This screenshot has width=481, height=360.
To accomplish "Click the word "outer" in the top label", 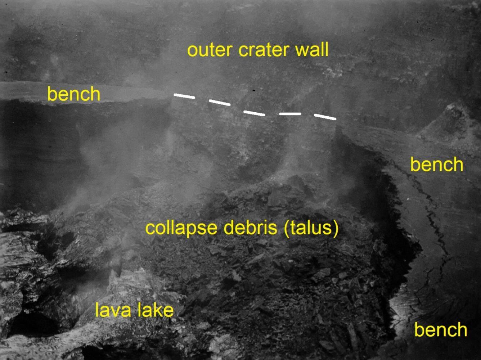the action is tap(209, 50).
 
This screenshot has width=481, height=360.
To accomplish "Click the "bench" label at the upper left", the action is tap(74, 94).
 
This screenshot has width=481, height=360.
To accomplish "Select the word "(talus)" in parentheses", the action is tap(311, 228).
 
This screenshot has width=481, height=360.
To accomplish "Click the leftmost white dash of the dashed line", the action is tap(184, 96).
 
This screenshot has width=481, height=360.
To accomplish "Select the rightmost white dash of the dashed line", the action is tap(325, 117).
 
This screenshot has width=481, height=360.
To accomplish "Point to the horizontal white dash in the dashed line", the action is tap(290, 114).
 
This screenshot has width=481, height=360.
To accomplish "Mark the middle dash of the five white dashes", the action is tap(255, 113).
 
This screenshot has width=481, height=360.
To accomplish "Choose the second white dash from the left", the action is tap(219, 103).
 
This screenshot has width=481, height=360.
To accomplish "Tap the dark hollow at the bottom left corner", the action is tap(33, 324).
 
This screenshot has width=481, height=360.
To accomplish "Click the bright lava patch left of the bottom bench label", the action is tap(401, 311).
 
